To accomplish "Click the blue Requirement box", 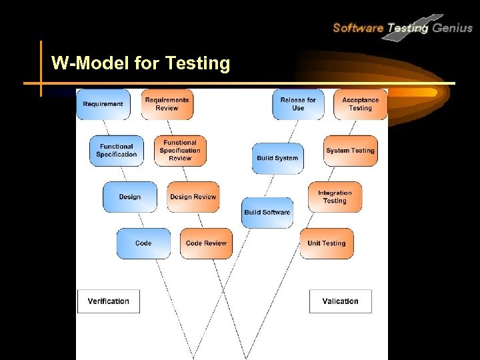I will [x=103, y=104].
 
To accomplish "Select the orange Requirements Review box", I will [x=167, y=104].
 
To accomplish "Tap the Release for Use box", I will [x=298, y=104].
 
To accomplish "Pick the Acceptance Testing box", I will [x=360, y=104].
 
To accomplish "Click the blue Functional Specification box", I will [x=117, y=151].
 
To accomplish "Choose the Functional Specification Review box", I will [x=180, y=151].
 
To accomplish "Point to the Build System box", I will [x=277, y=158].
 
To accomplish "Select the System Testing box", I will [x=350, y=151].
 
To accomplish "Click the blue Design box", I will [x=130, y=197].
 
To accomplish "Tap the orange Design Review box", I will [x=193, y=197].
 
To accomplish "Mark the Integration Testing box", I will [x=335, y=197].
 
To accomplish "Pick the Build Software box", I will [x=267, y=212].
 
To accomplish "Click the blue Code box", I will [x=143, y=243].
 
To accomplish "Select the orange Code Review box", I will [x=207, y=243].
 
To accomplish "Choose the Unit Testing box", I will [x=326, y=243].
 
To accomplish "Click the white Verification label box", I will [x=109, y=301].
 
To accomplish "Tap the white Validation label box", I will [x=340, y=301].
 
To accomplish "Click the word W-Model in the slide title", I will [x=89, y=63].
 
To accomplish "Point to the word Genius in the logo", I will [x=453, y=27].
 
